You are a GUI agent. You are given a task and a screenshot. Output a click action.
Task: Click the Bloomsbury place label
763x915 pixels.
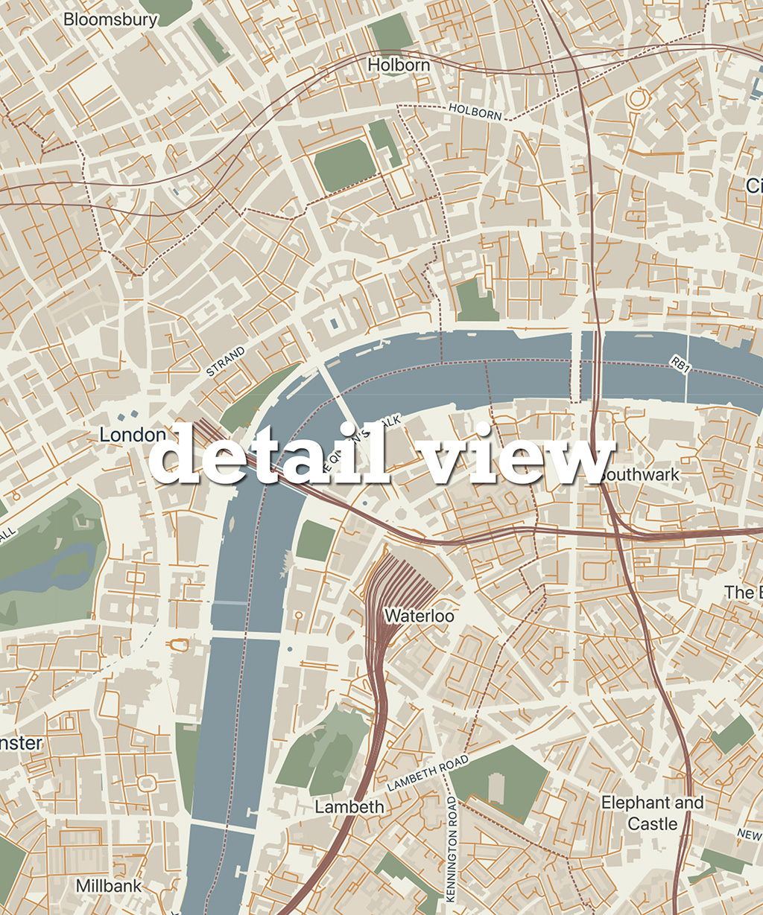tap(110, 19)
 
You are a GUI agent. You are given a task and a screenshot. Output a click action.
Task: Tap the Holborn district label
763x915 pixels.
tap(399, 66)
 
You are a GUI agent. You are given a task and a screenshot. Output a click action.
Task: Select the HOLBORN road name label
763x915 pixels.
tap(475, 112)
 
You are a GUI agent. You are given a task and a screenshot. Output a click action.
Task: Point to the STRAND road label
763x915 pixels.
tap(226, 361)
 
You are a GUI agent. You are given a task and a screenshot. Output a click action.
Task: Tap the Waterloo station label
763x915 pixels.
tap(419, 616)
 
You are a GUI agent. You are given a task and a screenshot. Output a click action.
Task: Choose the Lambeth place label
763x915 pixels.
tap(349, 807)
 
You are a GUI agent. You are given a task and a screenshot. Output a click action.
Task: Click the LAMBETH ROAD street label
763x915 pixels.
tap(428, 774)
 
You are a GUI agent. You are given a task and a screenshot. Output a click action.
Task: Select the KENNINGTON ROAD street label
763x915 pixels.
tap(452, 849)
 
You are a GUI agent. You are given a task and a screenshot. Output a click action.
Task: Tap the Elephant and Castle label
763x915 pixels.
tap(652, 813)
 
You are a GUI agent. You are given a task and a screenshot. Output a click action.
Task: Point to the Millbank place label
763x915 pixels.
tap(109, 886)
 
